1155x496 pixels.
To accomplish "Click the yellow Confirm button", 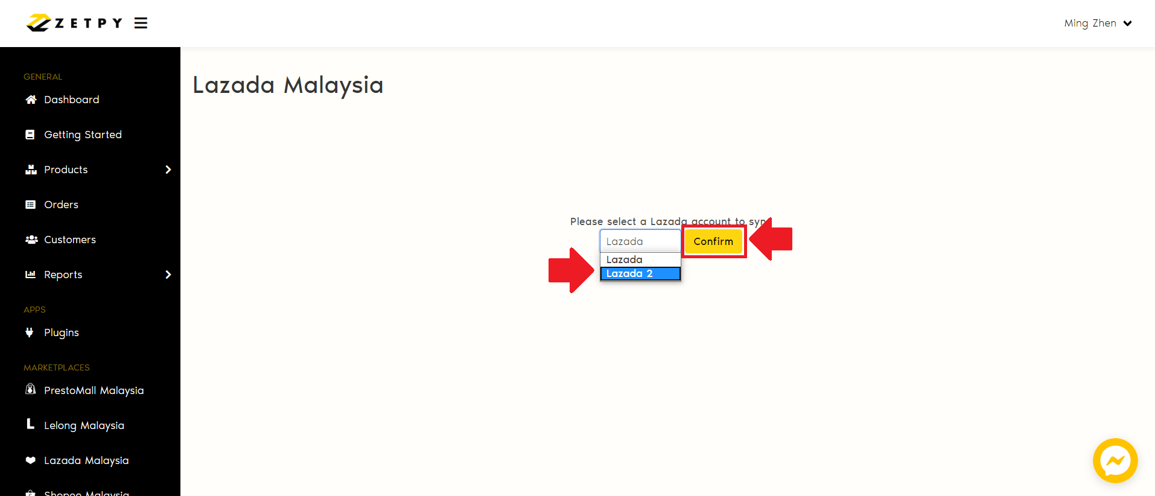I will [713, 241].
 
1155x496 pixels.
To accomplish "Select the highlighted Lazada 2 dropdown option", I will [640, 274].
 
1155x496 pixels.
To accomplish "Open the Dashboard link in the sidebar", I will [71, 100].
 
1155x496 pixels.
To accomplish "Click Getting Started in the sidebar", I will [83, 135].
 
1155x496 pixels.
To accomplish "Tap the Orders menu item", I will [61, 205].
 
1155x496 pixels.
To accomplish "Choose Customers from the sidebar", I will [69, 240].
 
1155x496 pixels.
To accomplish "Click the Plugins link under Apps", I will [61, 332].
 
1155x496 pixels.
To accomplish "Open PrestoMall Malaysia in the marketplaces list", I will [94, 390].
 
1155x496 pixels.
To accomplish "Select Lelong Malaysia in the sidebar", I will [84, 425].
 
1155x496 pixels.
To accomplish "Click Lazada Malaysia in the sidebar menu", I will [86, 460].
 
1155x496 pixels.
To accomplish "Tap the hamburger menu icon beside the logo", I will [141, 23].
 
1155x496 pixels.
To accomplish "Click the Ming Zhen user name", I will [1090, 23].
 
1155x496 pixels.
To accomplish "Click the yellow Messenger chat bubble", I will [1115, 460].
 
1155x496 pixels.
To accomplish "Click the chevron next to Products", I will [168, 170].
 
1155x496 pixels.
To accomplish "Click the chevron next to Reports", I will [168, 275].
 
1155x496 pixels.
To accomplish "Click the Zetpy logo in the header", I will [74, 23].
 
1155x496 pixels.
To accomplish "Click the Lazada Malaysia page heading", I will [288, 85].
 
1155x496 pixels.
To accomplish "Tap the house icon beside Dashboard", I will [31, 100].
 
